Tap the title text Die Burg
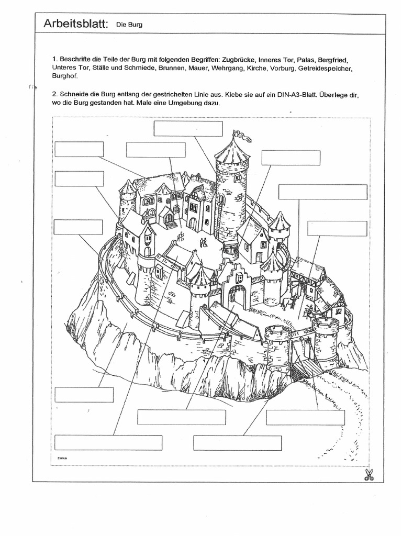[x=130, y=25]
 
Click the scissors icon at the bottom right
[x=370, y=474]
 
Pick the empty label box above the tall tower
[x=188, y=128]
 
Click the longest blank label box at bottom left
[x=108, y=442]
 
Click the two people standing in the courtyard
[x=204, y=243]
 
